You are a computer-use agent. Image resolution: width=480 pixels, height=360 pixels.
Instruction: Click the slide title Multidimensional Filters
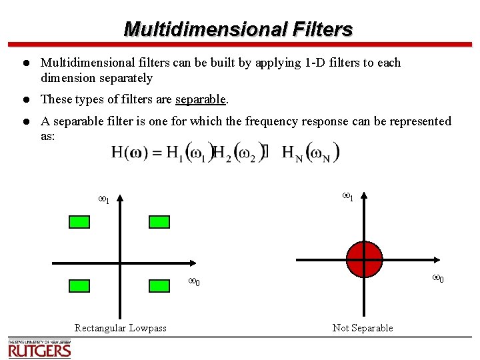pos(238,29)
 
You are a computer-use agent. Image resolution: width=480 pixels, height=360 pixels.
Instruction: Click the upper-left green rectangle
pos(79,222)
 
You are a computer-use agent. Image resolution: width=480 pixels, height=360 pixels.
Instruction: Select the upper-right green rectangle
pos(159,222)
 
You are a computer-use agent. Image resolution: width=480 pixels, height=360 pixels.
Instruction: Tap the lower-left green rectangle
pos(79,285)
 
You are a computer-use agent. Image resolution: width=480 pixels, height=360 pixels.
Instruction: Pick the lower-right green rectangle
pos(159,285)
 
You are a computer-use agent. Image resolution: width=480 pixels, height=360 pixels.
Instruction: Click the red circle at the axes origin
pos(364,259)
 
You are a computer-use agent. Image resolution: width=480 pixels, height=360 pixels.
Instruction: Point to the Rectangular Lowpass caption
pos(121,328)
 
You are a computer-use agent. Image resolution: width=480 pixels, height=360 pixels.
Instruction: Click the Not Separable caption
pos(363,328)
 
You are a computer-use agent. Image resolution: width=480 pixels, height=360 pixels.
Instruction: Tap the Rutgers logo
pos(39,349)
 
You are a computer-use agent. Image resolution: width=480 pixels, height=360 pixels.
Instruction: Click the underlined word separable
pos(201,100)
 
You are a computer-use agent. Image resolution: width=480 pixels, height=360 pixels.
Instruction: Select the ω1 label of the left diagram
pos(104,199)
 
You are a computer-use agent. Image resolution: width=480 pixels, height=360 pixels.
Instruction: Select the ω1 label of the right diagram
pos(347,196)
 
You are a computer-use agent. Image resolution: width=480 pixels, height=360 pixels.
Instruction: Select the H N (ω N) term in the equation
pos(311,153)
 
